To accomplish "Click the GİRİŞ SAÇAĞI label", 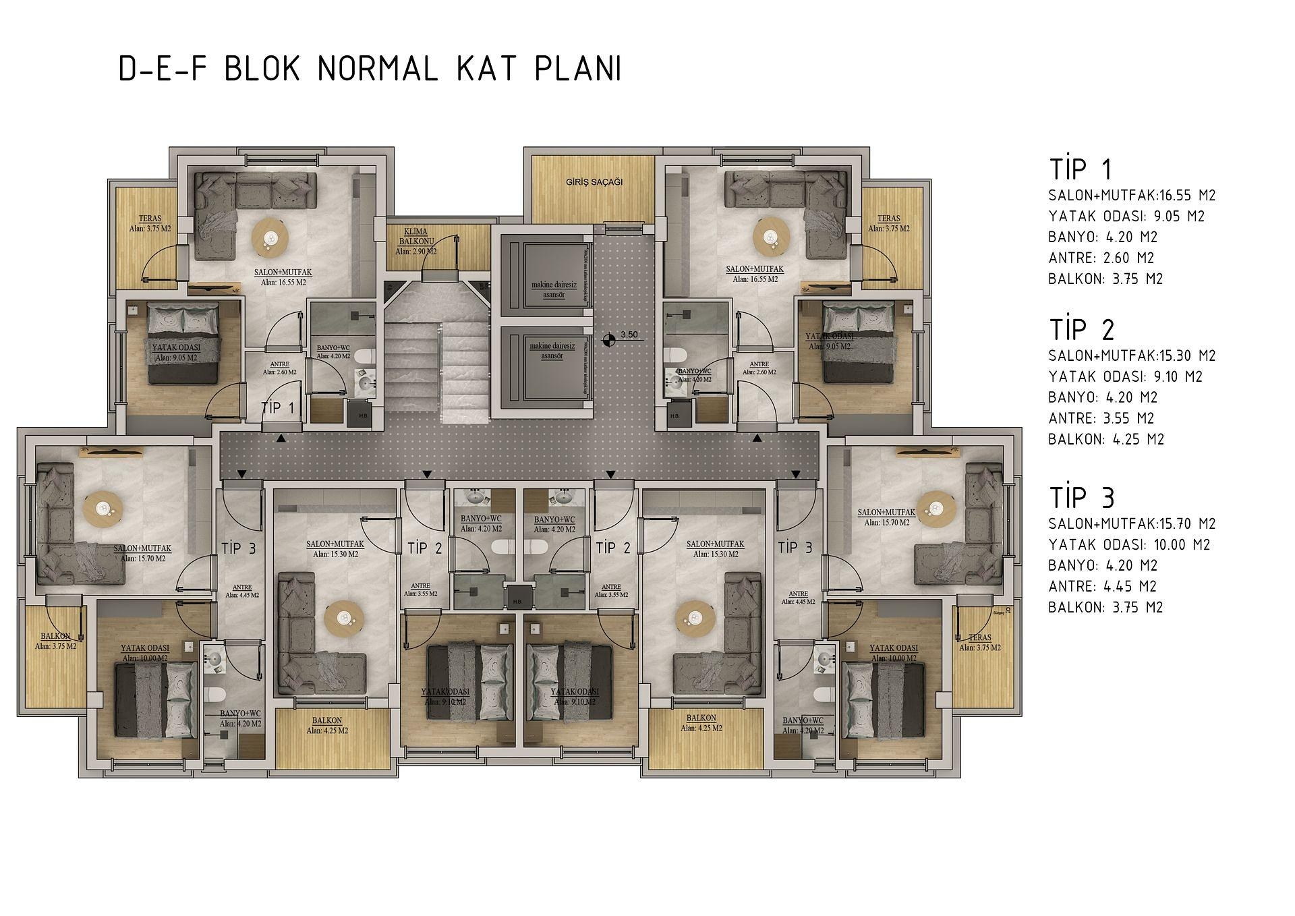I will tap(594, 182).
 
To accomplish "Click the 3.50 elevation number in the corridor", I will tap(629, 335).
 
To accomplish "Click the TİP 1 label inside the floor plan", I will tap(278, 408).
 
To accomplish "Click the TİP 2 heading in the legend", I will tap(1082, 330).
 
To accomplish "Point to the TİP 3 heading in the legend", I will tap(1082, 498).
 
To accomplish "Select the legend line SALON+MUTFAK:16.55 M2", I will tap(1132, 196).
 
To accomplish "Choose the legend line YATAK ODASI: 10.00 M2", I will tap(1129, 544).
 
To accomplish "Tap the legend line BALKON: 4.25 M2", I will tap(1106, 439).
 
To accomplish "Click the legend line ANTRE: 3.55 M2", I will tap(1101, 418).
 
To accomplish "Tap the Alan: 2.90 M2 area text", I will tap(415, 252).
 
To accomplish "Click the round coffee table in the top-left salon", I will tap(270, 237).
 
